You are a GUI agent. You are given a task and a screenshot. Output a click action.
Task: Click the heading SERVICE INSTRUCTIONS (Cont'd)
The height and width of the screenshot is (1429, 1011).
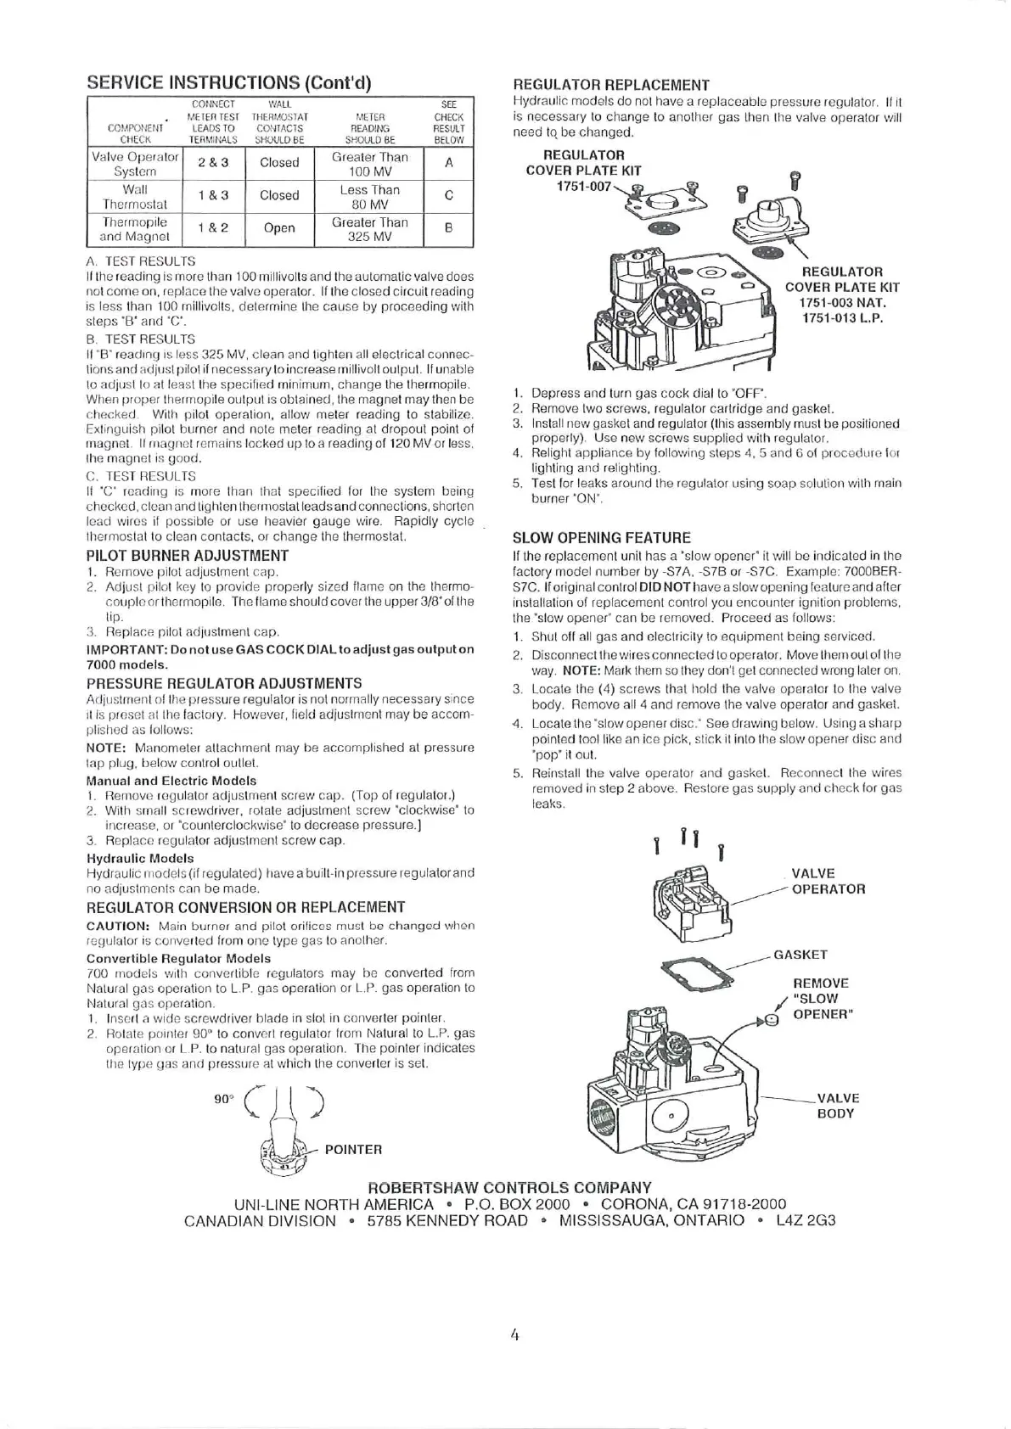tap(230, 83)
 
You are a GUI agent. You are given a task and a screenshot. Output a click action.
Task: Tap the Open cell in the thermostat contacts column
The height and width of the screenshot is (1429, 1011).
tap(279, 228)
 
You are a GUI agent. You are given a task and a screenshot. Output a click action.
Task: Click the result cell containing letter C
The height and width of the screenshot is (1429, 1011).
tap(448, 196)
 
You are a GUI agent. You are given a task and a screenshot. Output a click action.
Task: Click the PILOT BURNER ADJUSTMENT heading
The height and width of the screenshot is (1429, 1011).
tap(188, 556)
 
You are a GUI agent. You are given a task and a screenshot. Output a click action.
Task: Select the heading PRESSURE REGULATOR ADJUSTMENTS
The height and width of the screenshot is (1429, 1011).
tap(224, 683)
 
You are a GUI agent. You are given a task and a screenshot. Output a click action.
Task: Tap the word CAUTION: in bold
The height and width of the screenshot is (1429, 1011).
tap(119, 926)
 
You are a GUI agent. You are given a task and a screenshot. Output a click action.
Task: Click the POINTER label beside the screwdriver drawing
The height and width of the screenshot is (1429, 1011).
tap(353, 1150)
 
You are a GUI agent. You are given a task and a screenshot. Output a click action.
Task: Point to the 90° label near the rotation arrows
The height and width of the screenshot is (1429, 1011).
tap(223, 1099)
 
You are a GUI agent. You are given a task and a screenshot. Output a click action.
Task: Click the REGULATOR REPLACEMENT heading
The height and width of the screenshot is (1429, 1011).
tap(611, 85)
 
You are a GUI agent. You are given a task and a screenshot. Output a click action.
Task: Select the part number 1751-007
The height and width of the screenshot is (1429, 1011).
tap(583, 186)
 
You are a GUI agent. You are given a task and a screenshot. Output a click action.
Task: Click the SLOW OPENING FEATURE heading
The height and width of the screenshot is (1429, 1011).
tap(602, 538)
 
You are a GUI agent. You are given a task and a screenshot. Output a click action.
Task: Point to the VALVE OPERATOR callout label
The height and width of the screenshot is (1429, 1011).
tap(828, 882)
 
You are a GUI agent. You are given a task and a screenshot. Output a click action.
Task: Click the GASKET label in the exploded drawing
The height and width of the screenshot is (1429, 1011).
tap(800, 955)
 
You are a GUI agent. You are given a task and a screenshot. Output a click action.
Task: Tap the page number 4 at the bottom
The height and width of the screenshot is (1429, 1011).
tap(514, 1335)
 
